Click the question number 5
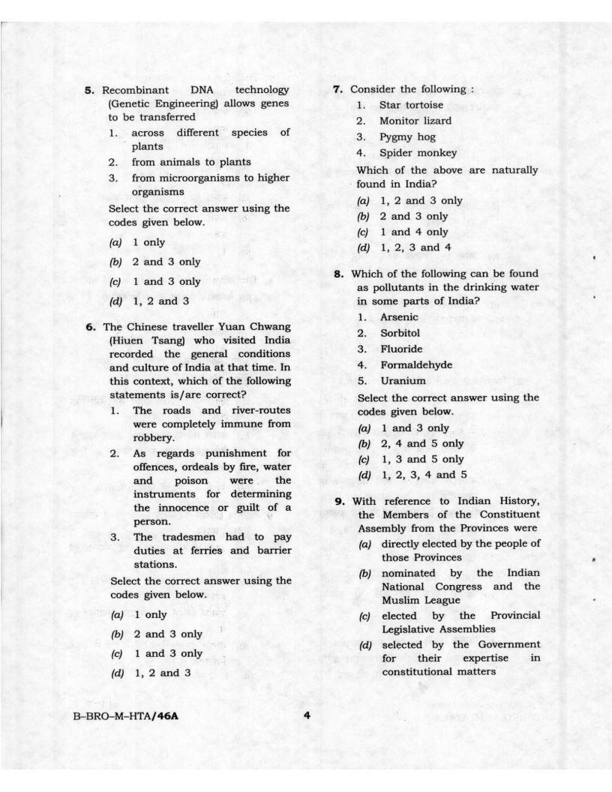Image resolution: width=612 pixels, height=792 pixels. tap(89, 91)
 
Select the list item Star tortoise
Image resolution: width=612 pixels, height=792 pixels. tap(411, 105)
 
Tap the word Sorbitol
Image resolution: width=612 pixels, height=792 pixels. tap(403, 333)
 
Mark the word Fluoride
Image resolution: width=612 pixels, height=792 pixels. tap(401, 349)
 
